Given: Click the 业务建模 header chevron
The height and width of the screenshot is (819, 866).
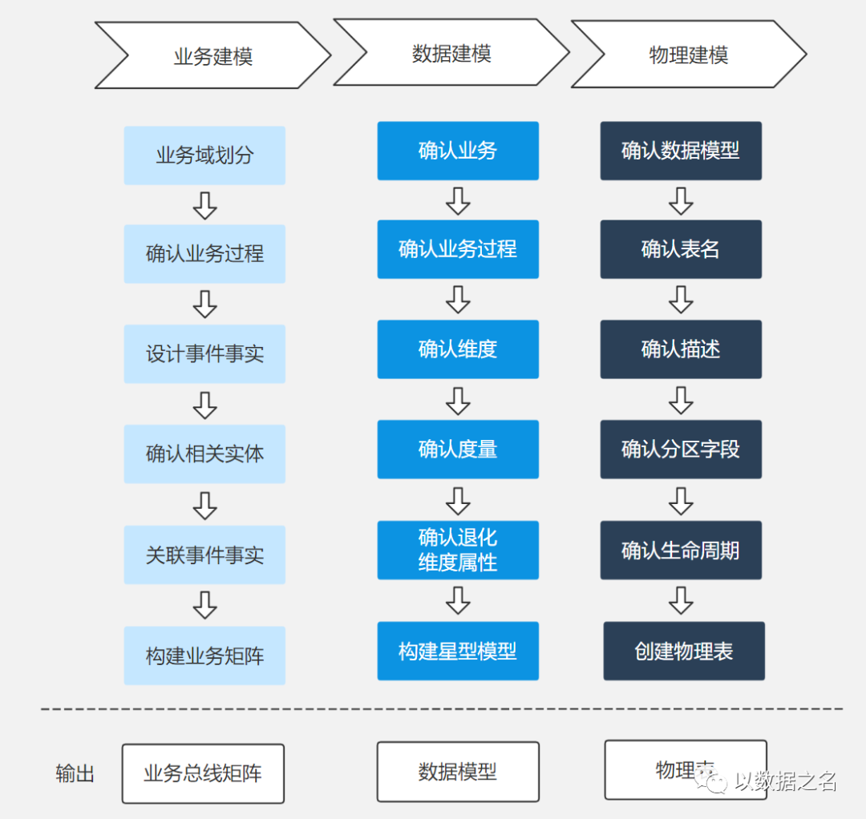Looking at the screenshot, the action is click(212, 55).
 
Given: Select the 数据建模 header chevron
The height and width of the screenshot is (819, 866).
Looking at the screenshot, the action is click(451, 53).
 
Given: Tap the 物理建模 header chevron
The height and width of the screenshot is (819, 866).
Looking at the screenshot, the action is click(688, 54).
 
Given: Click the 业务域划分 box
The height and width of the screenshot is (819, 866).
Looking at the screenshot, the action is click(204, 155).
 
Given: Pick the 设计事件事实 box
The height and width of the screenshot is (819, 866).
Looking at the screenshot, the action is click(204, 353).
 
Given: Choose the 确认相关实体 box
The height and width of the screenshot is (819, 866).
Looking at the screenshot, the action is click(204, 454).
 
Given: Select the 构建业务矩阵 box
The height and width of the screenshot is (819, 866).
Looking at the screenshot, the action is click(204, 656).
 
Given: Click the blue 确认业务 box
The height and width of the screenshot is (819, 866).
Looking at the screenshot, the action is click(458, 151).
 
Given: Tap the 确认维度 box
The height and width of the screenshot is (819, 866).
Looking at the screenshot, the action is click(458, 349).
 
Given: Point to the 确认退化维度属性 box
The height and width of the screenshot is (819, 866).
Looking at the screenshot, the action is click(458, 550).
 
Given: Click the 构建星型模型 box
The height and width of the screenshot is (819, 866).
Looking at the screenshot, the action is click(458, 651).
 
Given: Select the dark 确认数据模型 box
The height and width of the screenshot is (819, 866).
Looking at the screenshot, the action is click(681, 151).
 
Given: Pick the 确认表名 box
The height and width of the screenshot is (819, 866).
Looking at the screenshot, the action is click(681, 249).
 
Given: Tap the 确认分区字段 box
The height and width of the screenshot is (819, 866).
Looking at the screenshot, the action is click(681, 449).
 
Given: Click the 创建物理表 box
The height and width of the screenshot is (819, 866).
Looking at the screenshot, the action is click(684, 651).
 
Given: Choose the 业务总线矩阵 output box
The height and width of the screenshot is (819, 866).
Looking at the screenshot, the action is click(203, 773).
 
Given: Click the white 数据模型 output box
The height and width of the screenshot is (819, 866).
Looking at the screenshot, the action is click(458, 772).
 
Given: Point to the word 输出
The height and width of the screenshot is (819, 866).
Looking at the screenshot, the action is click(75, 774).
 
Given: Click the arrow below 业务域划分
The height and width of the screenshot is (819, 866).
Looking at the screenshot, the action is click(205, 205).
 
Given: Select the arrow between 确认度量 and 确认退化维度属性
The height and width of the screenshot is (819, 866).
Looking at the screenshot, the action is click(458, 500).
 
